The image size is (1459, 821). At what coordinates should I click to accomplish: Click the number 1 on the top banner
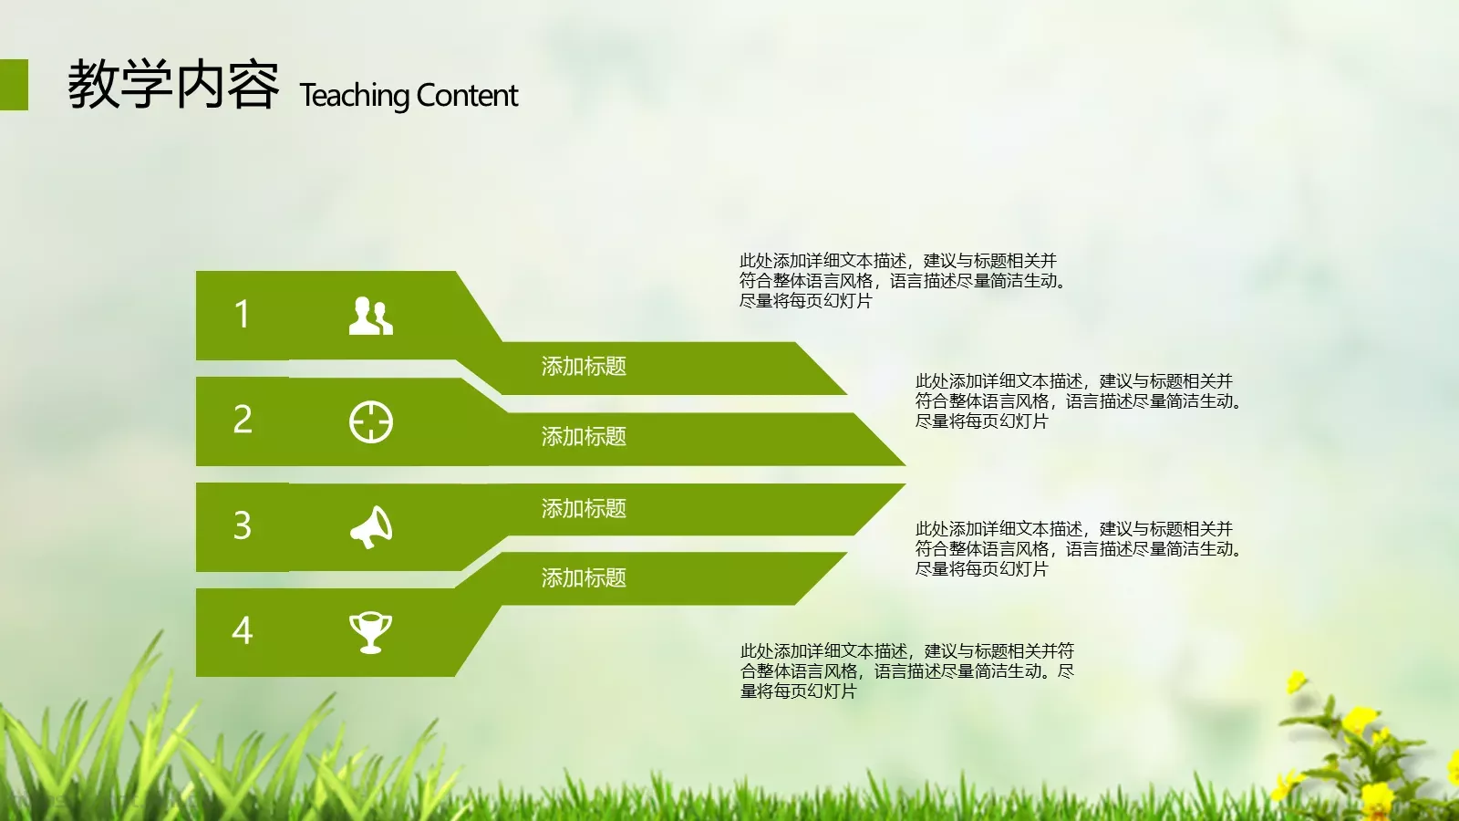coord(242,315)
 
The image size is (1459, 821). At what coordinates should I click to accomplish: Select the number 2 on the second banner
coord(243,420)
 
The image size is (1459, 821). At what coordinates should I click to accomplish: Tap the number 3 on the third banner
coord(243,525)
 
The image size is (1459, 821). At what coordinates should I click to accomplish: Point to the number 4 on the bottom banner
coord(243,630)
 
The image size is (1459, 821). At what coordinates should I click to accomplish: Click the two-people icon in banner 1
coord(371,316)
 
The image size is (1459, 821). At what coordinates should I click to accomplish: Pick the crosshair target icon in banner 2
coord(371,422)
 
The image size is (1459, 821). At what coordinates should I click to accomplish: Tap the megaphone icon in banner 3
coord(371,527)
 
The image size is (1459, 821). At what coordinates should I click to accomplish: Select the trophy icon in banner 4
coord(371,632)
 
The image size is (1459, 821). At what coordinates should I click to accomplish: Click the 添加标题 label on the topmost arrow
coord(584,367)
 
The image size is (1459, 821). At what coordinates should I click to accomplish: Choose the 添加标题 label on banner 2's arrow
coord(584,437)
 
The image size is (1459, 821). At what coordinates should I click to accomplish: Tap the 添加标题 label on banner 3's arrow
coord(584,508)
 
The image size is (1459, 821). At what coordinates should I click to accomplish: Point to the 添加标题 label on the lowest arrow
coord(584,578)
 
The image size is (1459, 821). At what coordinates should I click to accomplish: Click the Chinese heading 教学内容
coord(173,85)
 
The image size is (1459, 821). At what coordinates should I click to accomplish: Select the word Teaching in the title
coord(355,96)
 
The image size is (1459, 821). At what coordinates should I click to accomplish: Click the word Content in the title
coord(468,96)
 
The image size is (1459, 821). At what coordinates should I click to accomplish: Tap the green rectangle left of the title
coord(14,85)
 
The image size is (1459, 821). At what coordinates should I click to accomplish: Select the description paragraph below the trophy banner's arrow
coord(906,671)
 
